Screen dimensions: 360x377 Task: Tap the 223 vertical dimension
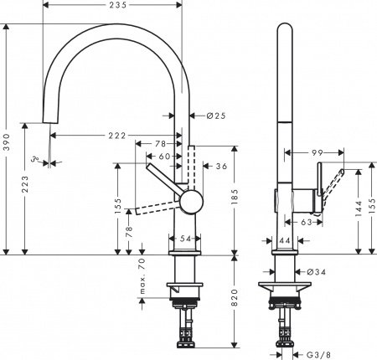[x=25, y=183]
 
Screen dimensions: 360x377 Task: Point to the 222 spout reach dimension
[x=116, y=136]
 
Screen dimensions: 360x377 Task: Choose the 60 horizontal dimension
[x=164, y=156]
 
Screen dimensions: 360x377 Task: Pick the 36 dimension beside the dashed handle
[x=221, y=167]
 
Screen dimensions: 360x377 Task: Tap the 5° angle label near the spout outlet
[x=36, y=157]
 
